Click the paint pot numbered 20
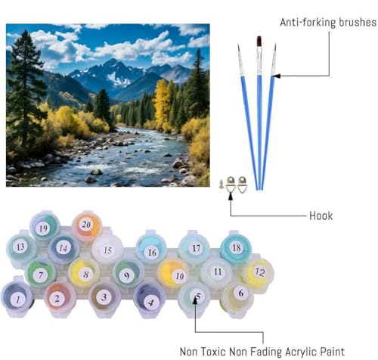(x=87, y=225)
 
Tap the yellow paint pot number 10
(x=174, y=275)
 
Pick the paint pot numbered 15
(x=107, y=249)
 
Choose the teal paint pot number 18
(x=236, y=248)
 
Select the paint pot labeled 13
(x=21, y=248)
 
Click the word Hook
(x=321, y=216)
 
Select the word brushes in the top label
(x=357, y=22)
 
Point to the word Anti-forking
(x=308, y=23)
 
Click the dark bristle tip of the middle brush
(x=259, y=42)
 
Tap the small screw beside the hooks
(x=221, y=184)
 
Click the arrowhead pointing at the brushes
(x=276, y=76)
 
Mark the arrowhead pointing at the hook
(x=231, y=196)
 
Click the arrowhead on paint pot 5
(x=195, y=301)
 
